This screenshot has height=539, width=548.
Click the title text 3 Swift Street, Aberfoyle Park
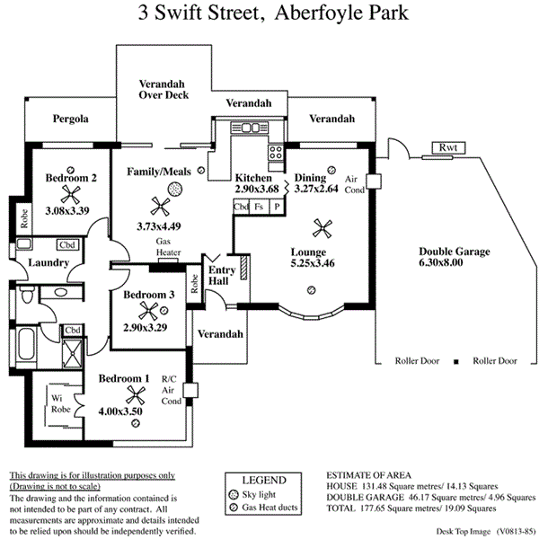[x=273, y=13]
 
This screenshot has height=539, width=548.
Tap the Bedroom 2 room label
[x=71, y=177]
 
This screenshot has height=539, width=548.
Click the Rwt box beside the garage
[x=447, y=148]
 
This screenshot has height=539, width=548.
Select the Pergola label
[x=70, y=119]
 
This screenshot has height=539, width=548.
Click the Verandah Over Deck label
[x=163, y=88]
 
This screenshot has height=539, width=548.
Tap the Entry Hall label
[x=220, y=275]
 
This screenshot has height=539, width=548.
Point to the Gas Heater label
[x=169, y=248]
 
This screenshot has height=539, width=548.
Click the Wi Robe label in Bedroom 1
[x=61, y=404]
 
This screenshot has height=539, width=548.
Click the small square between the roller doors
[x=455, y=361]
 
